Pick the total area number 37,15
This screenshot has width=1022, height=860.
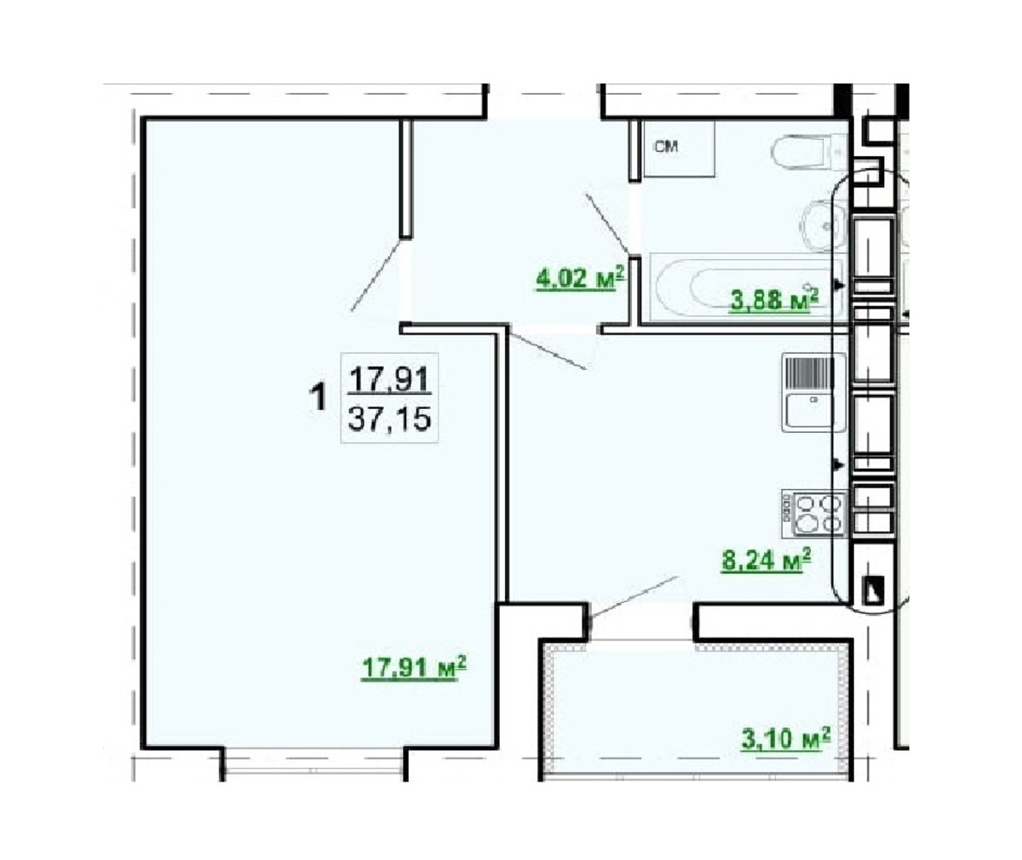pos(389,419)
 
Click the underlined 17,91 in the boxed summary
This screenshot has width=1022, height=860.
pos(389,379)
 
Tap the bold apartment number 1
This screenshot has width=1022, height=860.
pos(319,397)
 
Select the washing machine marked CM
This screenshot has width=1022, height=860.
pos(680,149)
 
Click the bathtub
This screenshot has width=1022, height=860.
pos(746,287)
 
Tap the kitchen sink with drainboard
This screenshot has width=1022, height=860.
pos(813,392)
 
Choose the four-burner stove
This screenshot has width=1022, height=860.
pos(813,513)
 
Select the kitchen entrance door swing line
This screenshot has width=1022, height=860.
pos(548,349)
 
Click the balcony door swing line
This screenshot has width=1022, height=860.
pos(633,597)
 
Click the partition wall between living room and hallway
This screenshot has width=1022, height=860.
pos(405,178)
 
